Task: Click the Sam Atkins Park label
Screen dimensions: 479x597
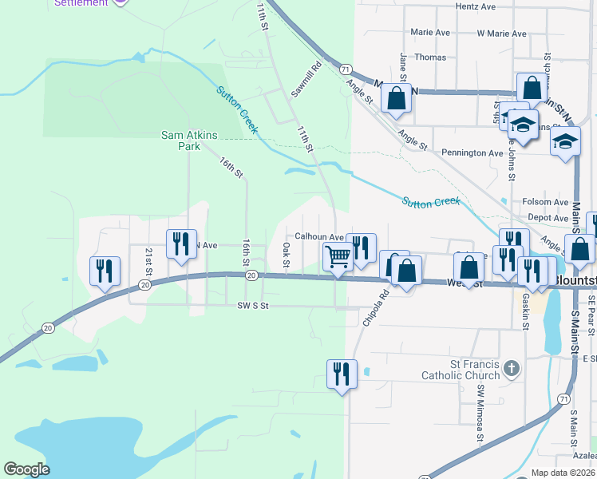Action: click(189, 141)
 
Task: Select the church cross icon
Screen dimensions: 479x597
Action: click(512, 369)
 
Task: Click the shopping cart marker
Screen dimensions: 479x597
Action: click(338, 257)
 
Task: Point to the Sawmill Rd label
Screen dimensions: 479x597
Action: click(306, 80)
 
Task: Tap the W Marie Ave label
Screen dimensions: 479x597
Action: click(501, 34)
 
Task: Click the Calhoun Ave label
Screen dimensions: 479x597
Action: click(318, 236)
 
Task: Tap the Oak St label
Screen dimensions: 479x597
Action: click(286, 256)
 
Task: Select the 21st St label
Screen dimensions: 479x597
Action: click(148, 257)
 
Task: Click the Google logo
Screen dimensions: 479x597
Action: click(26, 469)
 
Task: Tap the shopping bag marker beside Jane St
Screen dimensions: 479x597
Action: click(396, 99)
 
